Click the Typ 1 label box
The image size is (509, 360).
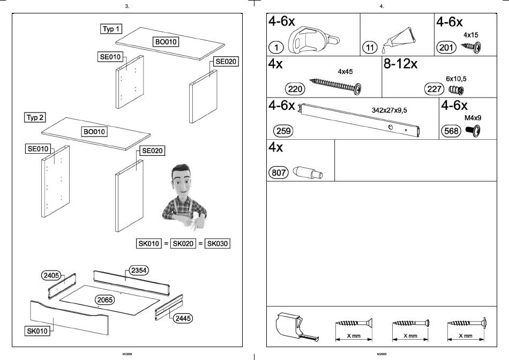tap(111, 29)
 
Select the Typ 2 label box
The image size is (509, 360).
tap(35, 117)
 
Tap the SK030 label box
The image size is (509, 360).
tap(218, 243)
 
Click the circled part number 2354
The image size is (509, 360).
tap(139, 270)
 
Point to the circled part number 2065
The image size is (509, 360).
tap(105, 299)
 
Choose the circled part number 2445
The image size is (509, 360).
tap(183, 318)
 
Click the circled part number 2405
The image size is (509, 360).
tap(51, 275)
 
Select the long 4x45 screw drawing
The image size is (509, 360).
tap(335, 86)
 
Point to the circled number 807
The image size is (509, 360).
tap(278, 172)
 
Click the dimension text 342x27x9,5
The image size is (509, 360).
tap(389, 110)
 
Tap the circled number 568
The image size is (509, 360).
tap(451, 131)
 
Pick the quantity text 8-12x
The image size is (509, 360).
tap(400, 64)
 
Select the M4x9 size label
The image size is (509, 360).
tap(473, 118)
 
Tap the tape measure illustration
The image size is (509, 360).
tap(297, 327)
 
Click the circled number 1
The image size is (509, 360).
tap(276, 48)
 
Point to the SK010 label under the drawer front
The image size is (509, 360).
tap(38, 331)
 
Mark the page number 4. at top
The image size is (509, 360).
tap(381, 6)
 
